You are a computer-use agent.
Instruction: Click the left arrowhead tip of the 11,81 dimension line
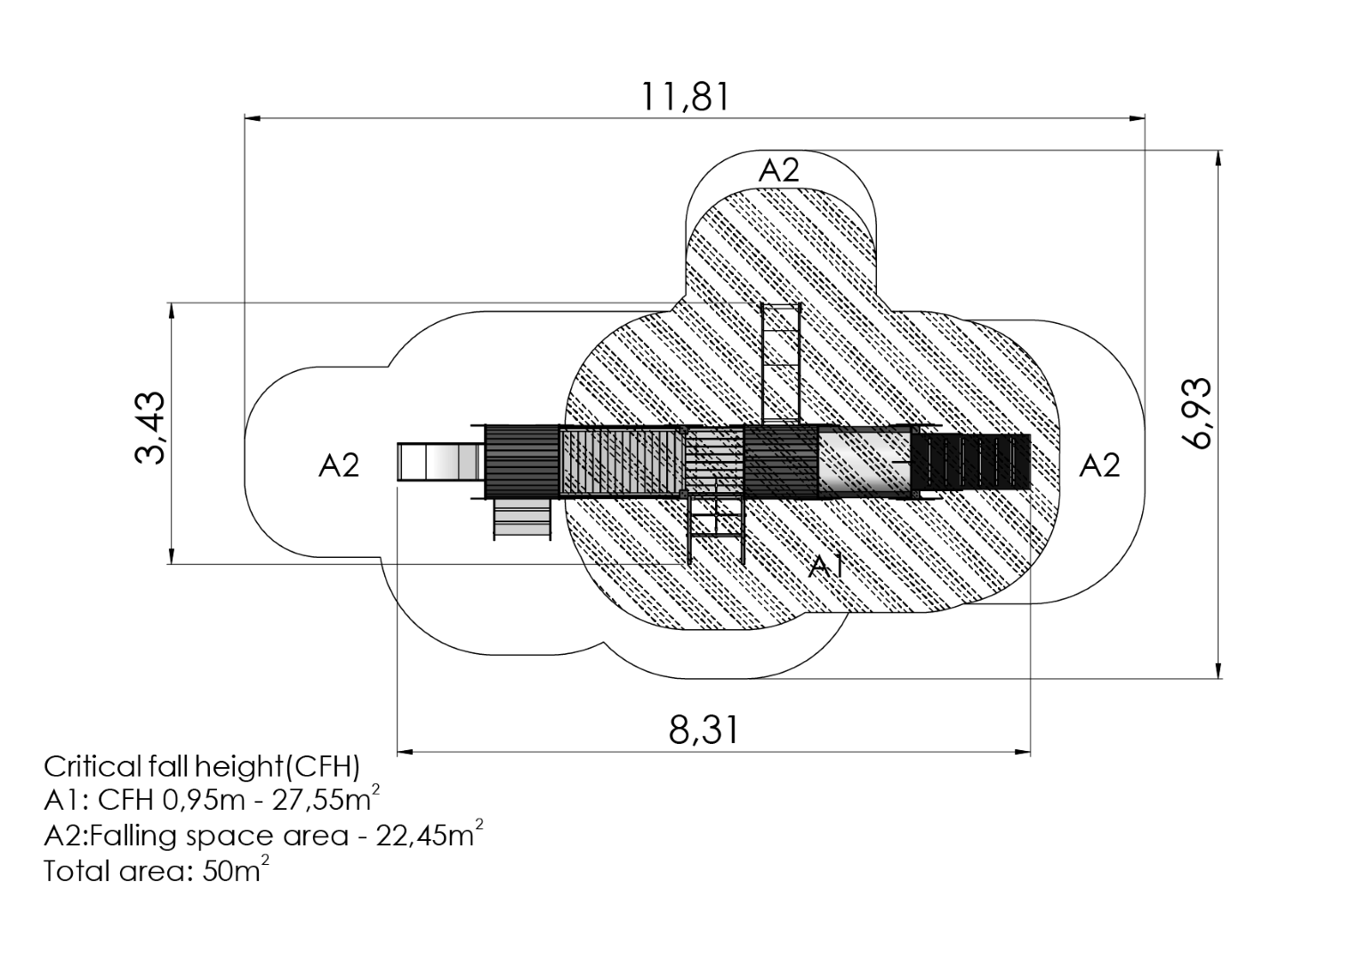(x=245, y=117)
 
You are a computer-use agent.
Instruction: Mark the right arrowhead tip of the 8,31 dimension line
(x=1030, y=752)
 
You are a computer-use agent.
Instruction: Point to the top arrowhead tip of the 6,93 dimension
(x=1218, y=150)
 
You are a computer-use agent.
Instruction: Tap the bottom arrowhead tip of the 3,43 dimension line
(x=172, y=564)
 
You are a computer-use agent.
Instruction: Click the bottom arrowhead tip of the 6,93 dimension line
(x=1218, y=678)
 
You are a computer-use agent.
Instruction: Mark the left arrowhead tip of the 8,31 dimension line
(x=398, y=752)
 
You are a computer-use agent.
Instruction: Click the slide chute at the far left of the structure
(x=441, y=462)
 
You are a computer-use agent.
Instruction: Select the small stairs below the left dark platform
(x=522, y=519)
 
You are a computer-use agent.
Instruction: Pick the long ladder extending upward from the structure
(x=782, y=364)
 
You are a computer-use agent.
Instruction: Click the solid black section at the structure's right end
(x=971, y=463)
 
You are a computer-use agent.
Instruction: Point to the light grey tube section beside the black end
(x=864, y=462)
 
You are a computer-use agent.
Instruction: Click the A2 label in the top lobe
(x=779, y=171)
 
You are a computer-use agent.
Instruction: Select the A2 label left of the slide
(x=339, y=465)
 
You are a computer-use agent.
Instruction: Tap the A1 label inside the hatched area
(x=827, y=567)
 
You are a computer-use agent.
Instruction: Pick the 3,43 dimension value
(x=149, y=429)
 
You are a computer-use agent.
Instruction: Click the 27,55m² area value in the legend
(x=326, y=799)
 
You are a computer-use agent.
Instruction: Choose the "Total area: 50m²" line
(x=157, y=870)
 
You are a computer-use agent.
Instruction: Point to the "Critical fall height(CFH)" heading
(x=202, y=767)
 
